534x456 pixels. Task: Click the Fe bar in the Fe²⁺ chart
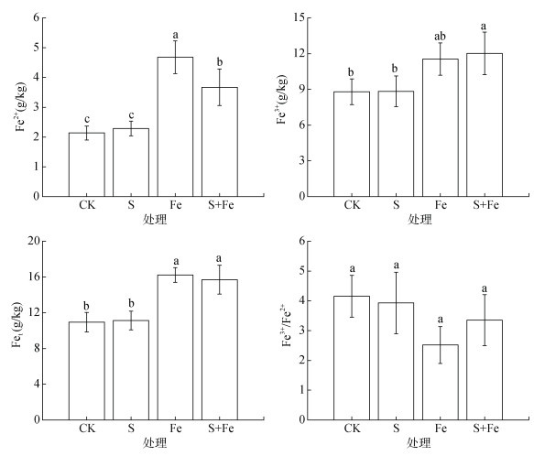click(x=175, y=126)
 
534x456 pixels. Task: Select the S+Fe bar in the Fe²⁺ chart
click(x=220, y=142)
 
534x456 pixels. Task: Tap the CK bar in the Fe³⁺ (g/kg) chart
click(x=352, y=144)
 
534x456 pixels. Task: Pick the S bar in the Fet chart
click(x=131, y=370)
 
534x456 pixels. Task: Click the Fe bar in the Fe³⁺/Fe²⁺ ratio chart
click(x=441, y=382)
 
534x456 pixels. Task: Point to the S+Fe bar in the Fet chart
click(x=220, y=350)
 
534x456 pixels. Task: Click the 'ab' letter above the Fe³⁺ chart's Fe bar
click(x=440, y=36)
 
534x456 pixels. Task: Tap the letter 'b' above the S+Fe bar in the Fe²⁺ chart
click(x=220, y=62)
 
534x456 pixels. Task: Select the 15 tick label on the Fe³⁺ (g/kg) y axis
click(x=299, y=17)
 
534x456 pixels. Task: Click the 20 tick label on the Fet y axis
click(x=34, y=241)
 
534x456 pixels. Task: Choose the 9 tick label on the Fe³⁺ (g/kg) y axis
click(x=301, y=89)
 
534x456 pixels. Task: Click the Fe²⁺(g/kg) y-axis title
click(x=20, y=106)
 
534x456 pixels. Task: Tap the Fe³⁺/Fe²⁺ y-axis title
click(x=287, y=325)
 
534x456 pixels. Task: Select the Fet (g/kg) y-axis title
click(x=17, y=324)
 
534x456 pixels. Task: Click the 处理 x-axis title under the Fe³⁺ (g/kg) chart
click(x=420, y=220)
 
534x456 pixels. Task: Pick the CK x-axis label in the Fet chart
click(x=87, y=429)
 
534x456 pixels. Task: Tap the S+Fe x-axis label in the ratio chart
click(x=485, y=429)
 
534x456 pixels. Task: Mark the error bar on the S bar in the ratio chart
click(x=396, y=303)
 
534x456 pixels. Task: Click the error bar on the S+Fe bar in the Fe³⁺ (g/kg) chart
click(x=485, y=53)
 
